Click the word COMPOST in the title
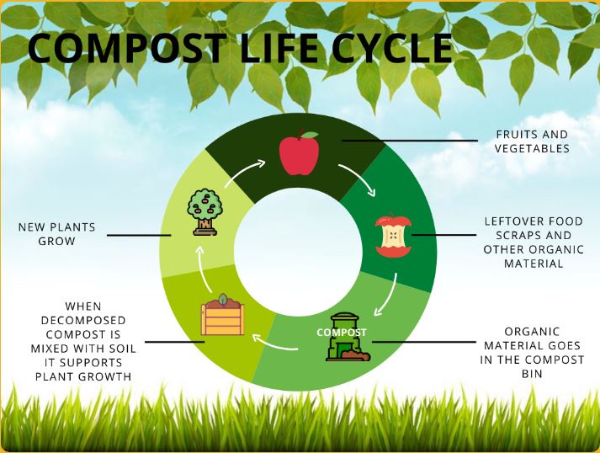pyautogui.click(x=127, y=48)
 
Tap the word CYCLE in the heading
pyautogui.click(x=392, y=48)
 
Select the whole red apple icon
pyautogui.click(x=299, y=152)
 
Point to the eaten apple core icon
pyautogui.click(x=393, y=234)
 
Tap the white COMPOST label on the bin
pyautogui.click(x=342, y=333)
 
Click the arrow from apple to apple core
pyautogui.click(x=359, y=177)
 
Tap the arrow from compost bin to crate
pyautogui.click(x=273, y=343)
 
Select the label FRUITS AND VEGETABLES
pyautogui.click(x=532, y=141)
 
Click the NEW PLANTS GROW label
pyautogui.click(x=56, y=234)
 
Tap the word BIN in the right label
pyautogui.click(x=532, y=374)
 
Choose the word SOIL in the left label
pyautogui.click(x=122, y=349)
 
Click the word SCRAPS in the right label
pyautogui.click(x=514, y=235)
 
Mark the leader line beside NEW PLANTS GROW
pyautogui.click(x=139, y=235)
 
